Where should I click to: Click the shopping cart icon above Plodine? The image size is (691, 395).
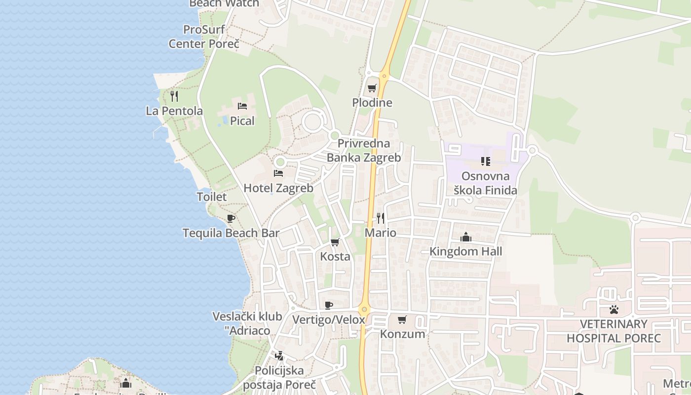click(x=372, y=88)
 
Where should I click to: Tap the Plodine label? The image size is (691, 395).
click(x=372, y=103)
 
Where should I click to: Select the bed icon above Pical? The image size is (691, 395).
click(x=242, y=106)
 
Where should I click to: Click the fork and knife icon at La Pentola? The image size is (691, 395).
click(x=174, y=96)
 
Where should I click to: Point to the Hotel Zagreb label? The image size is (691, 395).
click(x=278, y=188)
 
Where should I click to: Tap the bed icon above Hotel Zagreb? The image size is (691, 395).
click(x=278, y=173)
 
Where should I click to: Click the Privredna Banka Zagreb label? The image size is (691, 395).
click(x=364, y=151)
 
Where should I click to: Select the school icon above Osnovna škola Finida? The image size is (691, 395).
click(x=485, y=161)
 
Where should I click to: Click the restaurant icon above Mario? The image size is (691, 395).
click(x=381, y=218)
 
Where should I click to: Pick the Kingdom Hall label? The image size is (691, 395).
click(x=465, y=251)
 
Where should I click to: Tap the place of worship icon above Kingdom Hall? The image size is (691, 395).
click(x=465, y=237)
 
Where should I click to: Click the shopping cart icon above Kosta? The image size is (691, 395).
click(x=335, y=242)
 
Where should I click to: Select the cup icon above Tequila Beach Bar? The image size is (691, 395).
click(x=230, y=218)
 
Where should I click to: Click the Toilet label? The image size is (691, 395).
click(x=212, y=197)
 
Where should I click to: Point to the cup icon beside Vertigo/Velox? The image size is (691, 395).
click(x=329, y=305)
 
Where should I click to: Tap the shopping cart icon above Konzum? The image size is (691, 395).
click(x=402, y=319)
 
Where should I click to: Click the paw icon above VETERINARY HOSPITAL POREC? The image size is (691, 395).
click(x=614, y=310)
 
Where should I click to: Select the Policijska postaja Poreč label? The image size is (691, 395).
click(x=279, y=377)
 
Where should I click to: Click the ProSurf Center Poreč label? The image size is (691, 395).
click(x=204, y=37)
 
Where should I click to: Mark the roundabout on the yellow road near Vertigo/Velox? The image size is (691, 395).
click(x=364, y=310)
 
